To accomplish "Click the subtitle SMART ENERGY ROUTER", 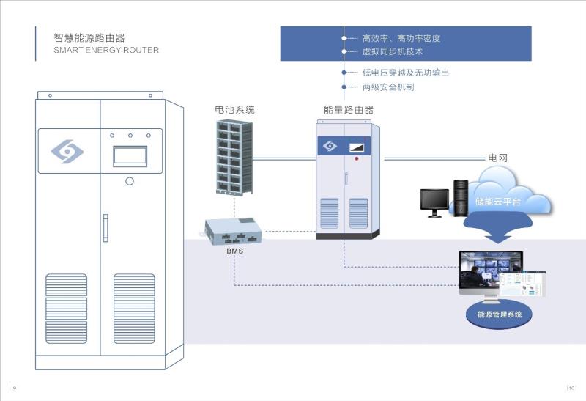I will tap(106, 51).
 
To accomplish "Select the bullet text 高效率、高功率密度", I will tap(401, 38).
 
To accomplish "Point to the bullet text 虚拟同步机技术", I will tap(393, 52).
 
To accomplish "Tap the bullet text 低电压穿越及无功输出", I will tap(406, 73).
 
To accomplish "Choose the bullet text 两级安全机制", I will tap(388, 87).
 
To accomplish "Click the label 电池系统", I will tap(234, 110).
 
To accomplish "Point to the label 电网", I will tap(497, 158).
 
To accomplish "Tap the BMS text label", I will tap(234, 251).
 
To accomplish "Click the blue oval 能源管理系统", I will tap(500, 314).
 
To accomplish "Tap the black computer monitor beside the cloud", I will tap(434, 201).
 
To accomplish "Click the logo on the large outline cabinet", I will tap(67, 152).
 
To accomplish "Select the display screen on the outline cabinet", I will tap(130, 156).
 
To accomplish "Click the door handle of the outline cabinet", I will tap(105, 227).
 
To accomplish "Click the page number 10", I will tap(572, 388).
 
